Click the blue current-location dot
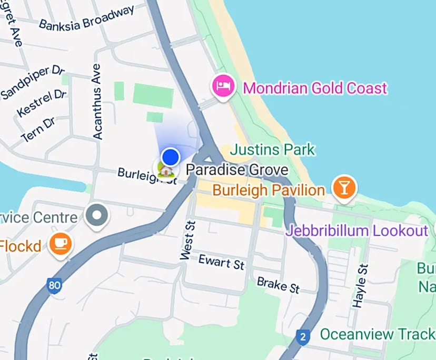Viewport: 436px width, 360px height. pos(171,156)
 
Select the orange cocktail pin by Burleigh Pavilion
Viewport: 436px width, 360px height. pos(344,187)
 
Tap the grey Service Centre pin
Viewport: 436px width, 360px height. pos(97,215)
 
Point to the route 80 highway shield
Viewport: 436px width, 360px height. pos(54,286)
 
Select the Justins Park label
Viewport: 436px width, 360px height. pos(273,150)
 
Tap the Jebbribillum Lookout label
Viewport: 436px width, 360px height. pos(357,231)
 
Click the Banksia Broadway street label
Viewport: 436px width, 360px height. pos(86,18)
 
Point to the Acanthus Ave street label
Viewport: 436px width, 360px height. pos(97,102)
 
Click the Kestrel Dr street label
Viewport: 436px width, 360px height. pos(42,104)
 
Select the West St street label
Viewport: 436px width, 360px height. pos(187,240)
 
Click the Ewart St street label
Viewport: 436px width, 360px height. pos(221,262)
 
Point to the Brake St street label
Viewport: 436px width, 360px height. pos(278,285)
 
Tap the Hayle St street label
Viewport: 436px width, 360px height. pos(360,286)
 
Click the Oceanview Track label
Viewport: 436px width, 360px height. pos(377,334)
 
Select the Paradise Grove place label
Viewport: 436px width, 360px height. pos(237,170)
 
